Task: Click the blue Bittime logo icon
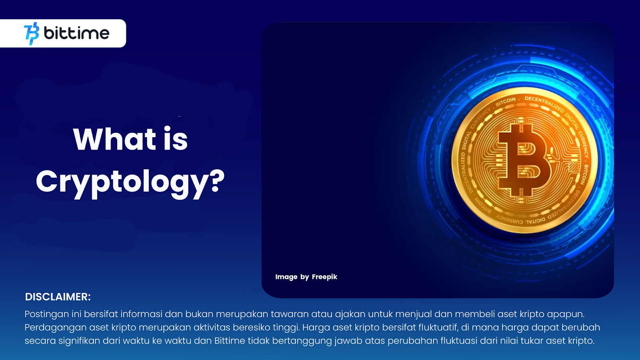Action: coord(32,34)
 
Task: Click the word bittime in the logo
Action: coord(76,33)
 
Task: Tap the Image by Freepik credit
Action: coord(306,277)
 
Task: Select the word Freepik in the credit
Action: coord(324,277)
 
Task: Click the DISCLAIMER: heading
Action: coord(58,297)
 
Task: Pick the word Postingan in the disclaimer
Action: coord(47,314)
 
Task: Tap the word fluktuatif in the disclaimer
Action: coord(438,328)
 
